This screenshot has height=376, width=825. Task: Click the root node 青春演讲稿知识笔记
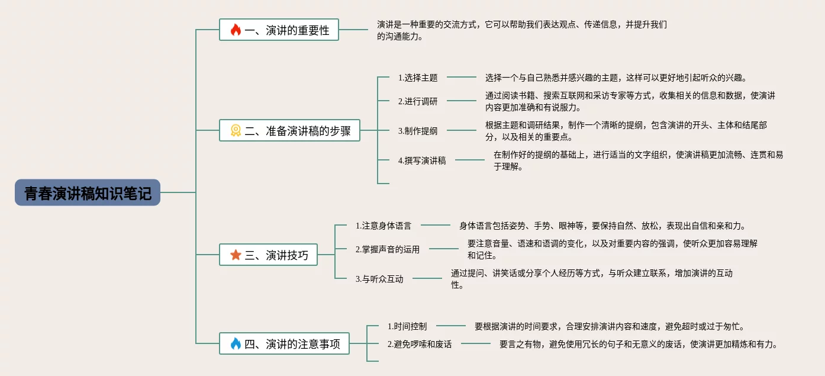(x=88, y=192)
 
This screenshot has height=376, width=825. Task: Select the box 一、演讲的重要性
(x=279, y=30)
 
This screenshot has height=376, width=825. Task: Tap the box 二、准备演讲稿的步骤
(x=289, y=130)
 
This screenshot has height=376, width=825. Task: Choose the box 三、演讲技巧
(x=268, y=255)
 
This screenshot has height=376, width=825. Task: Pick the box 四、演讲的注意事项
(x=284, y=343)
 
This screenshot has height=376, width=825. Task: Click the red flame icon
(x=236, y=30)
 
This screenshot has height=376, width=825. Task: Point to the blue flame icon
(x=236, y=343)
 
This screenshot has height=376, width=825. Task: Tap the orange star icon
(x=236, y=255)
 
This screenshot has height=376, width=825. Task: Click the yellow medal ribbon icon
(x=236, y=130)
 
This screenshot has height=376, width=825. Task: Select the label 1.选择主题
(x=418, y=78)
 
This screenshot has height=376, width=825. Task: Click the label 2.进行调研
(x=418, y=101)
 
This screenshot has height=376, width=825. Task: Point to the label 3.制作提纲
(x=418, y=131)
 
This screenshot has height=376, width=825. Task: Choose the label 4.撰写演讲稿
(x=422, y=160)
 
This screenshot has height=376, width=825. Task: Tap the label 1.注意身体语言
(x=384, y=226)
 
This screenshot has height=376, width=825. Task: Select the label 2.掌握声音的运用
(x=388, y=249)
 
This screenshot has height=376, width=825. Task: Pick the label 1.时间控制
(x=407, y=326)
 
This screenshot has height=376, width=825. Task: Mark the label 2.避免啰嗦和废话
(x=420, y=344)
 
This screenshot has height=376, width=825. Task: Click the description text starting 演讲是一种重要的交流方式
(x=522, y=30)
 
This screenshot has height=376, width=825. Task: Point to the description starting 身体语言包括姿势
(x=602, y=226)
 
